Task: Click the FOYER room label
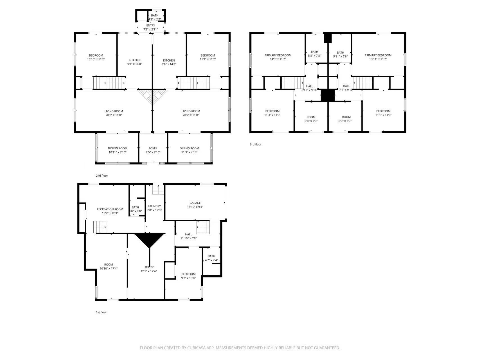pos(153,148)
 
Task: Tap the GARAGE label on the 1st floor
pos(195,203)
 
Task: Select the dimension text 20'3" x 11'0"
pos(114,115)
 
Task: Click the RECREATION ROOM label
pos(110,209)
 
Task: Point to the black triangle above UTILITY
pos(150,239)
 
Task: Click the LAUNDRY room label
pos(154,206)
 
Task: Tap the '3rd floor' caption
pos(255,145)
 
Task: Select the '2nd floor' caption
pos(102,176)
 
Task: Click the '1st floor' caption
pos(101,312)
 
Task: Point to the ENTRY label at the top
pos(150,26)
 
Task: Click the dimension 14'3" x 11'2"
pos(278,59)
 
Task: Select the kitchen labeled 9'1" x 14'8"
pos(134,62)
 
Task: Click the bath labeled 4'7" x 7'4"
pos(211,258)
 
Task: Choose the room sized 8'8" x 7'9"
pos(311,119)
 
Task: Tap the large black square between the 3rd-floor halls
pos(328,95)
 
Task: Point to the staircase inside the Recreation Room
pos(100,227)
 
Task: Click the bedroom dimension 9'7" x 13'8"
pos(188,278)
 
